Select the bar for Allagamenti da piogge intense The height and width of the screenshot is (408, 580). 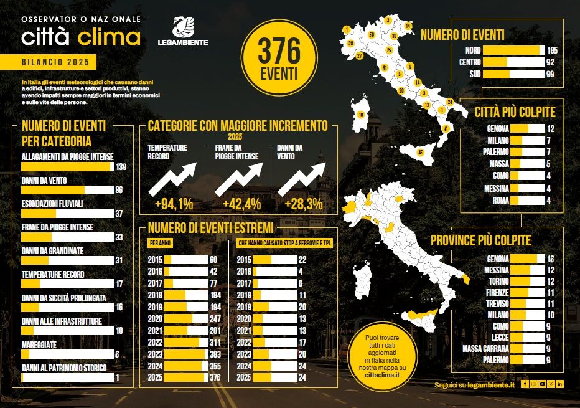click(67, 167)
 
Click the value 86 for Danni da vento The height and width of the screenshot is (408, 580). click(119, 189)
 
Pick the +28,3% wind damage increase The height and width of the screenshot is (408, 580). click(301, 203)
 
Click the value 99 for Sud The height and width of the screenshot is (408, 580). click(550, 74)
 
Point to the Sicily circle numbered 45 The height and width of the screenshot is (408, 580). click(421, 152)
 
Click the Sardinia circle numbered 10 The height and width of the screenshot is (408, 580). click(360, 115)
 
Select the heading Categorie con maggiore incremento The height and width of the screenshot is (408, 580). click(238, 126)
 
